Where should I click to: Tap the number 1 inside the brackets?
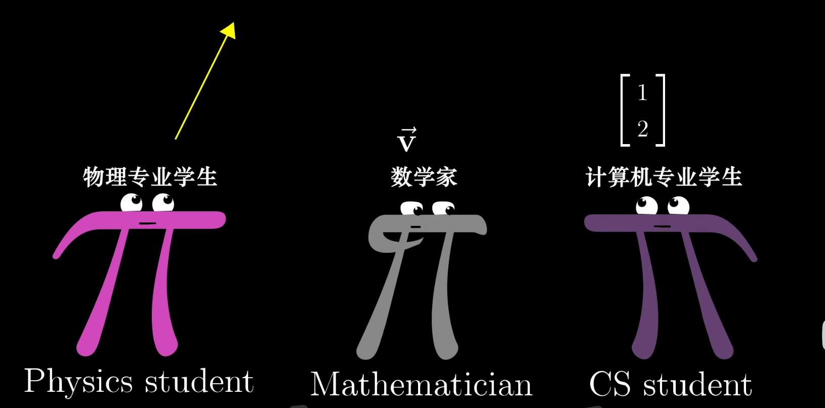[642, 93]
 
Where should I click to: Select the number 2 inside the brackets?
[643, 129]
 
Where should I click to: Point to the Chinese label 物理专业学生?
[150, 177]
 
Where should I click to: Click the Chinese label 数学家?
[424, 177]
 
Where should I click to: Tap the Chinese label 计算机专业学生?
[664, 177]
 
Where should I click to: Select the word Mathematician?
[421, 385]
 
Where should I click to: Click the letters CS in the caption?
[610, 385]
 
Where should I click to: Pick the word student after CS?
[697, 385]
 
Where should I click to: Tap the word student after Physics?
[199, 382]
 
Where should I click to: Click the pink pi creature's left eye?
[132, 203]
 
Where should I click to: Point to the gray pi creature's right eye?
[443, 208]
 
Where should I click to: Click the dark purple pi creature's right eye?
[678, 206]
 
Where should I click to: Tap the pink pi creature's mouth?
[147, 223]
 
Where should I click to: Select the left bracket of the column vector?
[625, 110]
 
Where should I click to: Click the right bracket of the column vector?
[661, 110]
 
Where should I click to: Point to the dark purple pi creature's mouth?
[662, 226]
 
